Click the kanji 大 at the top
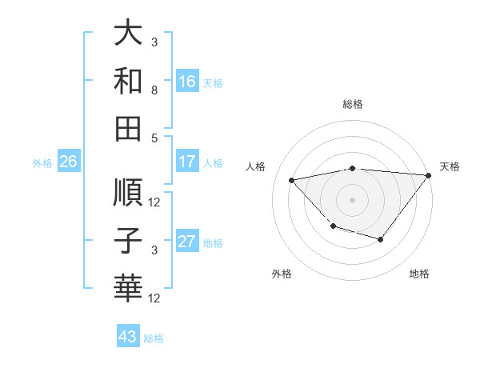tap(129, 34)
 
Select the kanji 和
tap(129, 80)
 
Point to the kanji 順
tap(129, 193)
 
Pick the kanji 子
tap(129, 240)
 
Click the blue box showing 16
tap(187, 81)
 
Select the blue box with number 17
tap(187, 162)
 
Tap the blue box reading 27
tap(187, 242)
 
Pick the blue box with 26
tap(68, 162)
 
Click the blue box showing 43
tap(127, 337)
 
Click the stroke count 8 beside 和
tap(154, 91)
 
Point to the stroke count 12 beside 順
tap(154, 202)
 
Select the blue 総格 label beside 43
tap(154, 338)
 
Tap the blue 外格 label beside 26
tap(42, 162)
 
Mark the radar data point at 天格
tap(430, 176)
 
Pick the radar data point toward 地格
tap(381, 239)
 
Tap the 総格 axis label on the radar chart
tap(352, 104)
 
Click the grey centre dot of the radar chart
tap(352, 199)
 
